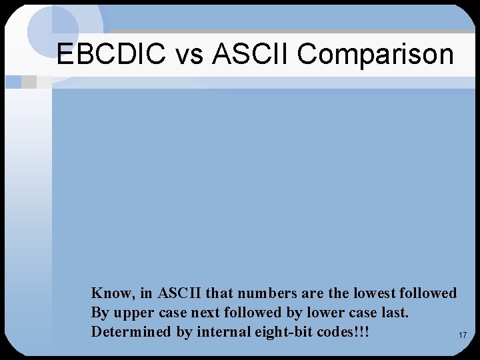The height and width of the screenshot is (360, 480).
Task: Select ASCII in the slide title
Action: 251,54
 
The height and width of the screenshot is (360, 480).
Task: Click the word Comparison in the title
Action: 375,54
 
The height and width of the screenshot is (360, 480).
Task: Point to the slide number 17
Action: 463,335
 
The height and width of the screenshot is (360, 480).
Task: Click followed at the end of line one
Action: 429,293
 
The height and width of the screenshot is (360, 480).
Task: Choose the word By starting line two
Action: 100,312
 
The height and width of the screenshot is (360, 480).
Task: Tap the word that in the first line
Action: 221,293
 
